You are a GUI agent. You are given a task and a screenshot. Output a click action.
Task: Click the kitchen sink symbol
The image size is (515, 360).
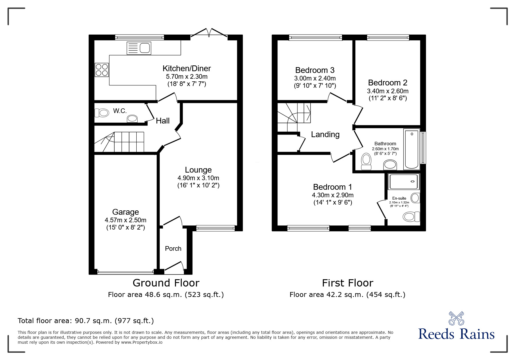pos(139,48)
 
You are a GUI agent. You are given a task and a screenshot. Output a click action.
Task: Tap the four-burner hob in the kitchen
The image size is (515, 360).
pos(101,70)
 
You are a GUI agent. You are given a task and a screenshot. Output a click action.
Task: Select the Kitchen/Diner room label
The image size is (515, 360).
pos(186,69)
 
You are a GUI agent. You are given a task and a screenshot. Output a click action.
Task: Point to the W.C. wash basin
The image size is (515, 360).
pos(132,119)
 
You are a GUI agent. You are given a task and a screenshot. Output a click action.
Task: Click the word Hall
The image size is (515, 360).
pos(163,121)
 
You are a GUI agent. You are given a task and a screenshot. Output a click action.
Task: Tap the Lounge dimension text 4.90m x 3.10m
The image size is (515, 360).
pos(198,178)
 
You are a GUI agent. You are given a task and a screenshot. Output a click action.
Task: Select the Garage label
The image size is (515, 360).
pos(126,212)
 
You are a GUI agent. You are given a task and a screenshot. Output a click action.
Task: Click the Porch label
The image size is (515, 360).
pos(173,249)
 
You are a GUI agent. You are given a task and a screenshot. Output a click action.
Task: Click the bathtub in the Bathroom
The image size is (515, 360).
pos(411,149)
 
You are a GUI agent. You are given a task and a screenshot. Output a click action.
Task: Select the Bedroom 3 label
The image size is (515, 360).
pos(315,70)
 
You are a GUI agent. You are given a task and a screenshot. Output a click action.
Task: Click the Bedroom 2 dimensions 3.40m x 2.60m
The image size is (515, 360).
pos(388,91)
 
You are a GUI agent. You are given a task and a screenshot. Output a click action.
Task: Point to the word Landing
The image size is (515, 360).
pos(325,135)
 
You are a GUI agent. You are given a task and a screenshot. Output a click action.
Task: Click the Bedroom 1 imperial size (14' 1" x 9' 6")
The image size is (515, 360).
pos(333,203)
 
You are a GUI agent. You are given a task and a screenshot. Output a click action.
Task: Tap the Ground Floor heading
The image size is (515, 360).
pos(166,283)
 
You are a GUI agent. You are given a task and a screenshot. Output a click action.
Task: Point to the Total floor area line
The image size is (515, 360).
pos(86,321)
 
